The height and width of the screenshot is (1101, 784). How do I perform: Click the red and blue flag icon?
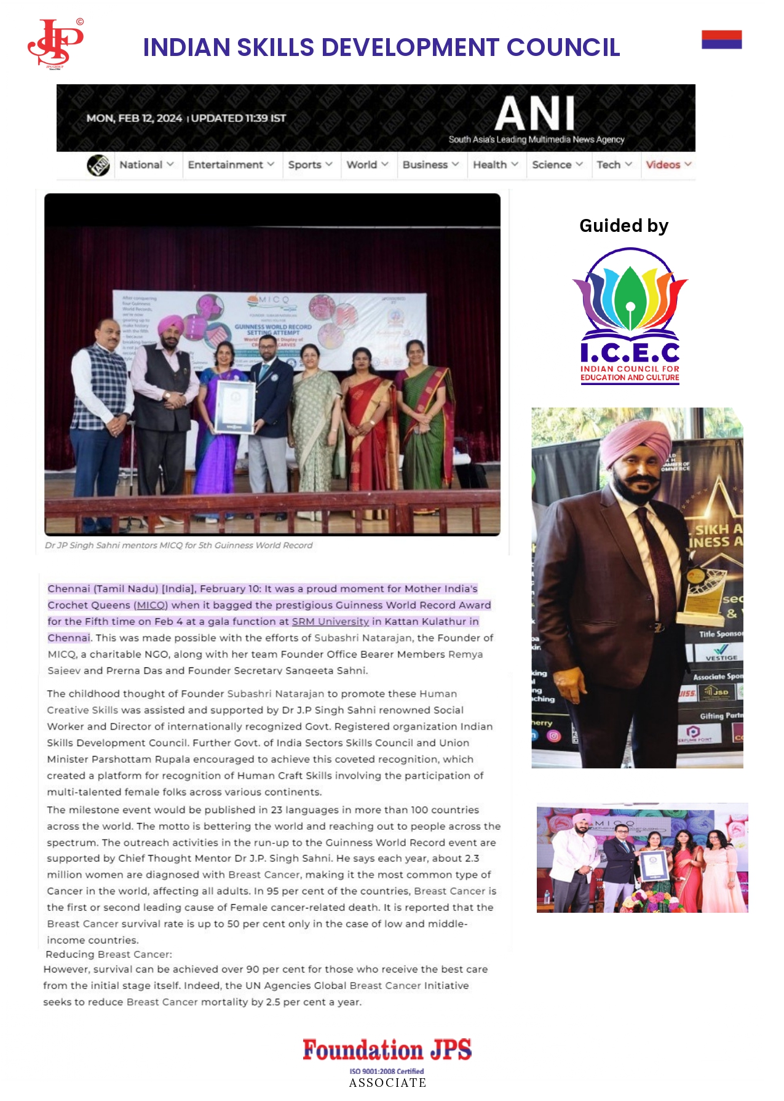[x=721, y=39]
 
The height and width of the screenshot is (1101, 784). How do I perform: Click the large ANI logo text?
[x=535, y=114]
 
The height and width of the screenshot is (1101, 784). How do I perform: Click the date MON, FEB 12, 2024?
[x=134, y=118]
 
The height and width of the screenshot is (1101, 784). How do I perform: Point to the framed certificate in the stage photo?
[x=235, y=407]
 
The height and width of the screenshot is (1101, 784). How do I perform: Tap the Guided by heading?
[x=624, y=226]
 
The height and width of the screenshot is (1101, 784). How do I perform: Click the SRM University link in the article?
[x=330, y=621]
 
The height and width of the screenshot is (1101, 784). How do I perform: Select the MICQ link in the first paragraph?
[x=151, y=605]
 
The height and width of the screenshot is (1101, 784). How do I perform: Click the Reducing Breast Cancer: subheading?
[x=109, y=954]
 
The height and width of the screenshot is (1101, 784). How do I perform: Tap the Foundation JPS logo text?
[x=387, y=1049]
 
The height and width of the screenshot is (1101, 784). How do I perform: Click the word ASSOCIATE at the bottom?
[x=387, y=1083]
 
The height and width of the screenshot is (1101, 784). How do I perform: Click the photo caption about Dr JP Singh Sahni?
[x=178, y=546]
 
